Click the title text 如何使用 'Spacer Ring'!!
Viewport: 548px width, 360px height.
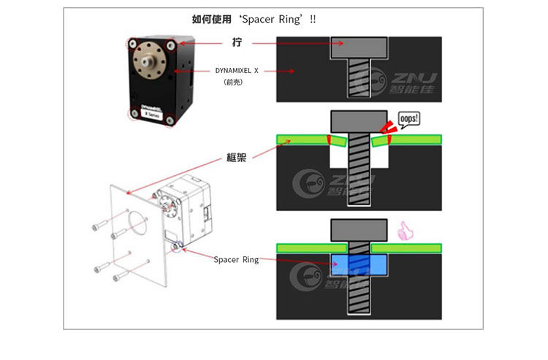[254, 18]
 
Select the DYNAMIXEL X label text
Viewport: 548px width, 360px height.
[237, 71]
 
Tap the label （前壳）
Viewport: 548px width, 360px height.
[233, 83]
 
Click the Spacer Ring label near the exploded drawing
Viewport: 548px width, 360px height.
[236, 259]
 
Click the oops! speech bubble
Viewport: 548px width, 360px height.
[409, 120]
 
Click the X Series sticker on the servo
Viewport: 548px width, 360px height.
[152, 115]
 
